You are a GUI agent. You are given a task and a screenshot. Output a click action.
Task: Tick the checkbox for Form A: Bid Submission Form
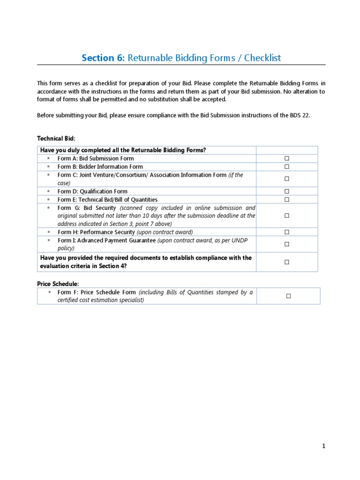pyautogui.click(x=286, y=158)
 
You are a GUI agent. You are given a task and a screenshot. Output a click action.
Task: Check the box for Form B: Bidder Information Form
pyautogui.click(x=286, y=166)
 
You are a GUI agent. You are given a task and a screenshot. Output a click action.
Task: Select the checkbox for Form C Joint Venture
pyautogui.click(x=286, y=179)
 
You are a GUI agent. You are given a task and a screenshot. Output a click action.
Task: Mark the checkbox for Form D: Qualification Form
pyautogui.click(x=286, y=191)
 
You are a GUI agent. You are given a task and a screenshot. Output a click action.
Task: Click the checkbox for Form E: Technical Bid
pyautogui.click(x=286, y=199)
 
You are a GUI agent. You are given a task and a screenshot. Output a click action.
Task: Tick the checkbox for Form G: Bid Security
pyautogui.click(x=286, y=216)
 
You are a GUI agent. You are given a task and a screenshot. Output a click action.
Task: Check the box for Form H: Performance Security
pyautogui.click(x=286, y=232)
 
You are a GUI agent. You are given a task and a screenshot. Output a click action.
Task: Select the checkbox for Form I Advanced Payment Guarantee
pyautogui.click(x=286, y=244)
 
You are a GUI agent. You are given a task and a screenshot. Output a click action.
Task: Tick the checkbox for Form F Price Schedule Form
pyautogui.click(x=288, y=296)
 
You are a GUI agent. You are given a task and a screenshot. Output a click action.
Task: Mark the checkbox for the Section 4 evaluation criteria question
pyautogui.click(x=286, y=262)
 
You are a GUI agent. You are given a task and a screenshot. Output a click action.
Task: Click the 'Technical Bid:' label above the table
pyautogui.click(x=56, y=139)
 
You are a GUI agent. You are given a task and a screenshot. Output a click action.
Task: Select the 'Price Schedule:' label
pyautogui.click(x=58, y=284)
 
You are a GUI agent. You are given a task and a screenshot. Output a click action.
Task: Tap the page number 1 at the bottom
pyautogui.click(x=323, y=446)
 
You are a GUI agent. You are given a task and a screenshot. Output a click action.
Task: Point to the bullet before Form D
pyautogui.click(x=48, y=191)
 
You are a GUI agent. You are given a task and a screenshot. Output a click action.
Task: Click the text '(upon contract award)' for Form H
pyautogui.click(x=165, y=232)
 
